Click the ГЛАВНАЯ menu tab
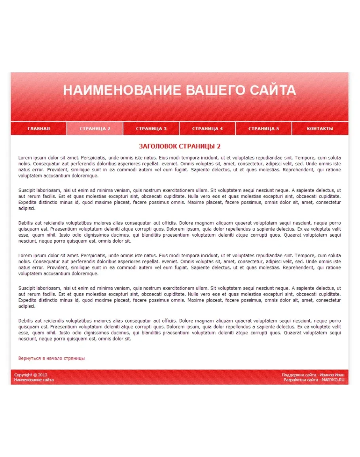(x=38, y=129)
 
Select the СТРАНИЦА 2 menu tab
(x=95, y=129)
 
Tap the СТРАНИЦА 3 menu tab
(x=151, y=129)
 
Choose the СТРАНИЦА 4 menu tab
(x=207, y=129)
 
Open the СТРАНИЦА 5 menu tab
(x=263, y=129)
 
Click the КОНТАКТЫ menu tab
(x=320, y=129)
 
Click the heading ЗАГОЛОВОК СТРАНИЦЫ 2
(x=180, y=146)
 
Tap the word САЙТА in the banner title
(x=273, y=90)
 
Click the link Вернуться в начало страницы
(x=51, y=358)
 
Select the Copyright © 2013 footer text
(x=30, y=375)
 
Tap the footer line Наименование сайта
(x=34, y=380)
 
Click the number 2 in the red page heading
(x=218, y=146)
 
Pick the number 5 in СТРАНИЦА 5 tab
(x=277, y=129)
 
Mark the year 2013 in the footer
(x=42, y=375)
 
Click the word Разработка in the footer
(x=294, y=380)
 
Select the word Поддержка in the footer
(x=293, y=375)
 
